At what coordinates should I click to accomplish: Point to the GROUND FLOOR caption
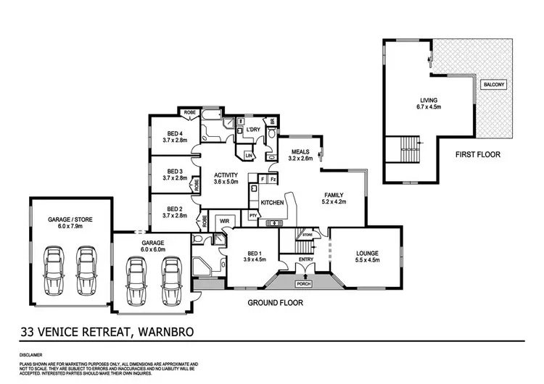[276, 303]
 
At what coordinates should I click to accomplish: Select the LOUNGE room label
[366, 254]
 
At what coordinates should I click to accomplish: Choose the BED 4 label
[174, 133]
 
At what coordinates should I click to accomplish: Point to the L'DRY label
[252, 130]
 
